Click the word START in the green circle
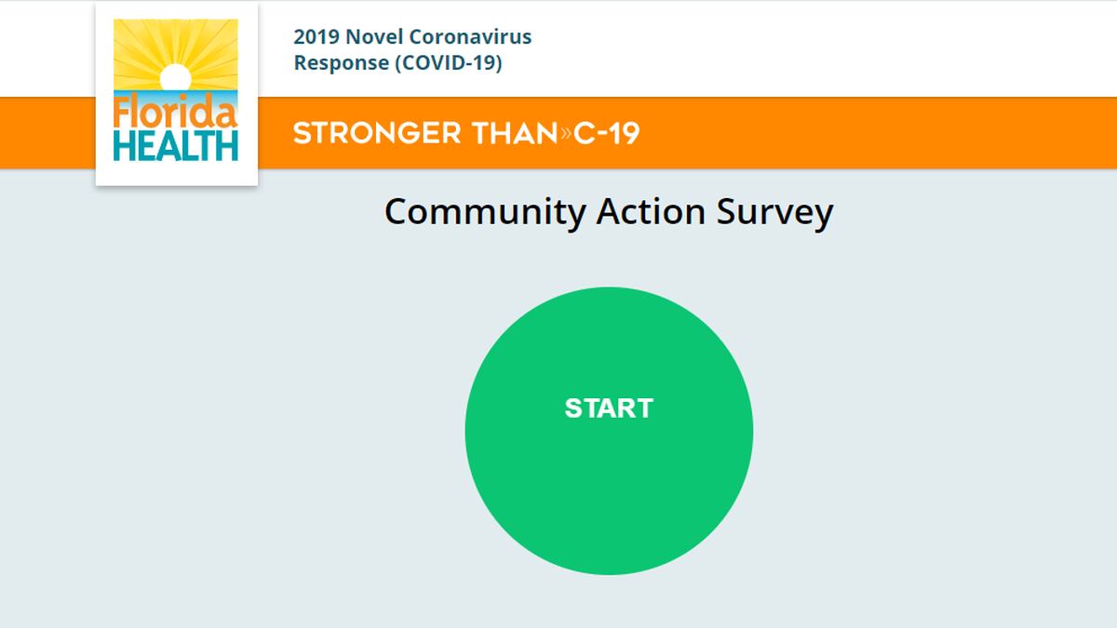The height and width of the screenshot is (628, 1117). click(x=609, y=408)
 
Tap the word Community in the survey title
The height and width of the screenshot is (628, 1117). click(x=485, y=213)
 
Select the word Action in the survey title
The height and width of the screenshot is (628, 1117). click(x=651, y=212)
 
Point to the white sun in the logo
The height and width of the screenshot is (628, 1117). click(x=176, y=78)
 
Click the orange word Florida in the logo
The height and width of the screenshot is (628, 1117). click(x=175, y=111)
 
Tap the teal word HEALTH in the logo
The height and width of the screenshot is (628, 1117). click(x=176, y=146)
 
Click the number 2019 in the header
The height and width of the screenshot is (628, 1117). click(x=316, y=37)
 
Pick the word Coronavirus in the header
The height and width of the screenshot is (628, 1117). click(x=470, y=36)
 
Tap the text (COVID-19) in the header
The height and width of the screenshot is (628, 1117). click(x=449, y=63)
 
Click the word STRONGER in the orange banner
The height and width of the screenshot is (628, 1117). click(x=377, y=133)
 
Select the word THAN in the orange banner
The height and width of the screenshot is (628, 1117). click(x=515, y=133)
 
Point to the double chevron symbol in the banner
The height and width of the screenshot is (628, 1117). click(x=566, y=133)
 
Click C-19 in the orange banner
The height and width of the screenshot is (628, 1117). click(x=606, y=133)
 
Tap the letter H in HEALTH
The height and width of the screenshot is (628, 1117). click(x=125, y=146)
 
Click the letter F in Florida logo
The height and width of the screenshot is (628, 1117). click(x=122, y=111)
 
